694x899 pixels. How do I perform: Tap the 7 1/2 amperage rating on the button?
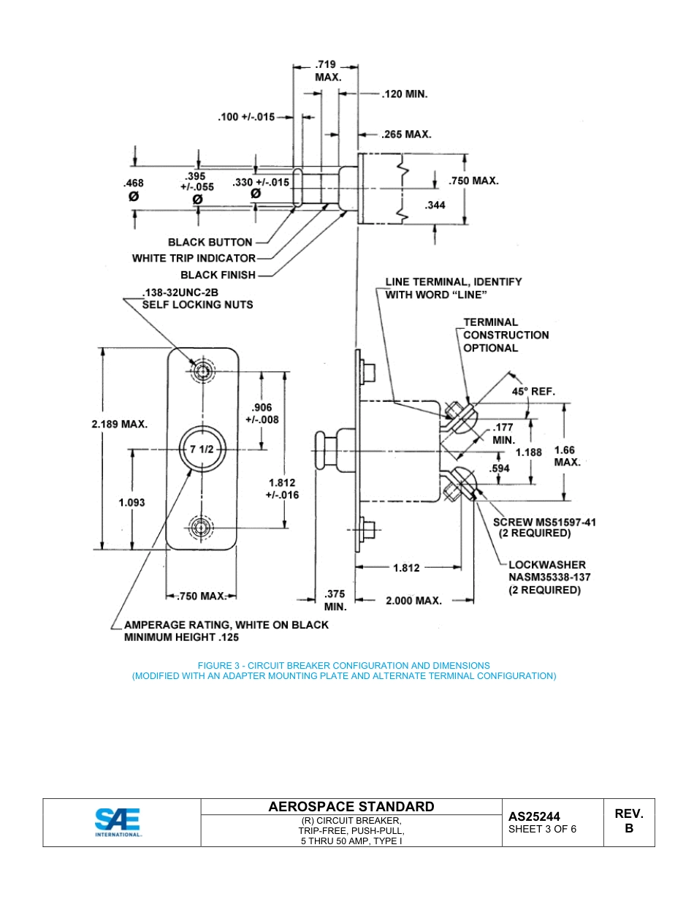click(x=202, y=449)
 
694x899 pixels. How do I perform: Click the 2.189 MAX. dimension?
click(x=120, y=424)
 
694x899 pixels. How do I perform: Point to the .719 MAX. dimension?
click(x=327, y=71)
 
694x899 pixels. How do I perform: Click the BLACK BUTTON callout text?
click(x=210, y=242)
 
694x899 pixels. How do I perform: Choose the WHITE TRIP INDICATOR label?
click(x=194, y=258)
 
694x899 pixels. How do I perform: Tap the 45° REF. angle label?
click(x=533, y=391)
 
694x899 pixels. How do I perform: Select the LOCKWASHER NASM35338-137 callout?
click(x=549, y=577)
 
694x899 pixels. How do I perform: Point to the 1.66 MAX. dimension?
click(x=568, y=456)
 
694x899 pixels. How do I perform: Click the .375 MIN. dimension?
click(x=335, y=600)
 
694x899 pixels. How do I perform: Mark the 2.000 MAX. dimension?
click(x=413, y=600)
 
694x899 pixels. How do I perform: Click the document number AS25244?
click(x=535, y=816)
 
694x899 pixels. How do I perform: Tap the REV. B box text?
click(x=628, y=822)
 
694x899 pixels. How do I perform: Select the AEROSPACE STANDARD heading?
click(x=351, y=807)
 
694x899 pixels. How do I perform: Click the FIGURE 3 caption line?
click(x=343, y=665)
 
